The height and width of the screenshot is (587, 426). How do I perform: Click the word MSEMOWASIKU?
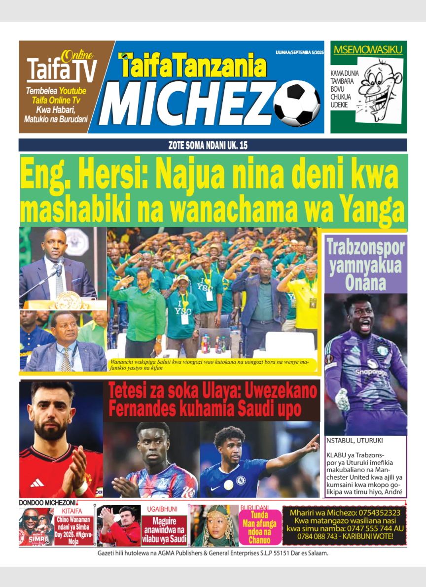[x=368, y=50]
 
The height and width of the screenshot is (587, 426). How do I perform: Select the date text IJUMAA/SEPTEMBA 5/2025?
[x=299, y=51]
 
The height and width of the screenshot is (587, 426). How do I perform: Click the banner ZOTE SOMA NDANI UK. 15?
[x=213, y=145]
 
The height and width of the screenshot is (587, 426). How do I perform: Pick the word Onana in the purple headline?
[x=365, y=283]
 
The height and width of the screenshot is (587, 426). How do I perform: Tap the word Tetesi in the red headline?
[x=130, y=391]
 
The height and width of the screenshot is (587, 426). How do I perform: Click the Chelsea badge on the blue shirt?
[x=241, y=479]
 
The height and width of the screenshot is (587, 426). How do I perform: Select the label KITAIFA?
[x=72, y=511]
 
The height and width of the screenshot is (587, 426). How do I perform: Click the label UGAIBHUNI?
[x=162, y=509]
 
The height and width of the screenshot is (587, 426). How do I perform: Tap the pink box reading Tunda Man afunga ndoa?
[x=260, y=526]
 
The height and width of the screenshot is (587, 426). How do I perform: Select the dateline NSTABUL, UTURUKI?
[x=355, y=441]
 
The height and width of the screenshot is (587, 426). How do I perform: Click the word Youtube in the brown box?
[x=72, y=91]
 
